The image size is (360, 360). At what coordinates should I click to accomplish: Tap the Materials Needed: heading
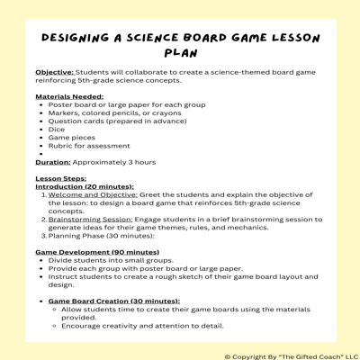(x=69, y=95)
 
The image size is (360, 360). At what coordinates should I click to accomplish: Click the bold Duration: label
(x=53, y=162)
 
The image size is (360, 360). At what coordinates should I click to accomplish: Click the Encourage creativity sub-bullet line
(x=135, y=326)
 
